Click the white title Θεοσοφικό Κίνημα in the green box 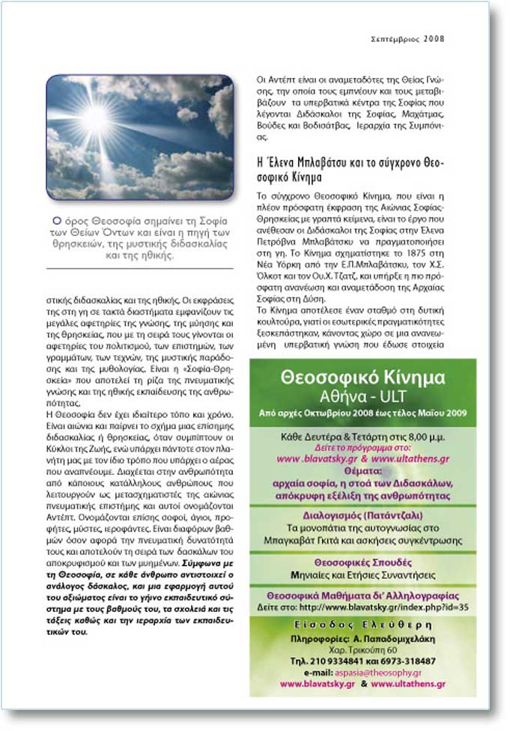pos(362,378)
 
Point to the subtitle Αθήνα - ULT pos(362,396)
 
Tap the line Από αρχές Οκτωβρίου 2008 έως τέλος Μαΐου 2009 pos(362,413)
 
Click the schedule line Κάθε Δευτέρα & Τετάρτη pos(362,435)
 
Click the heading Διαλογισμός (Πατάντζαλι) pos(362,515)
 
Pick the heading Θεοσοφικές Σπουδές pos(362,562)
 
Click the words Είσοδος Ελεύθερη pos(362,626)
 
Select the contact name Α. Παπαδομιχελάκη pos(392,639)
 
